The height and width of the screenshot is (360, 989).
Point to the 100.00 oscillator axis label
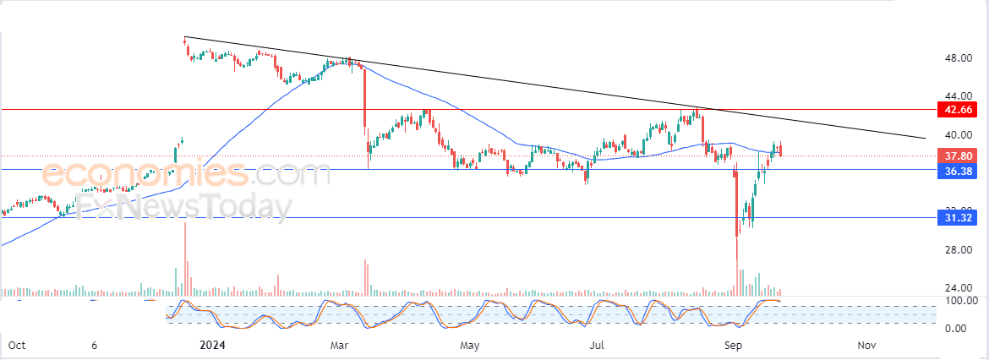(960, 301)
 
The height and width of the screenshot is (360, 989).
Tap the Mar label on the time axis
(340, 346)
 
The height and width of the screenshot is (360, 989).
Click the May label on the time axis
(470, 346)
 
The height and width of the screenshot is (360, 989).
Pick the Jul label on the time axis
(598, 346)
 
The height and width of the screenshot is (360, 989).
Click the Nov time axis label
(866, 346)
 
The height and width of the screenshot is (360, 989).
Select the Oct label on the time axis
(16, 346)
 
